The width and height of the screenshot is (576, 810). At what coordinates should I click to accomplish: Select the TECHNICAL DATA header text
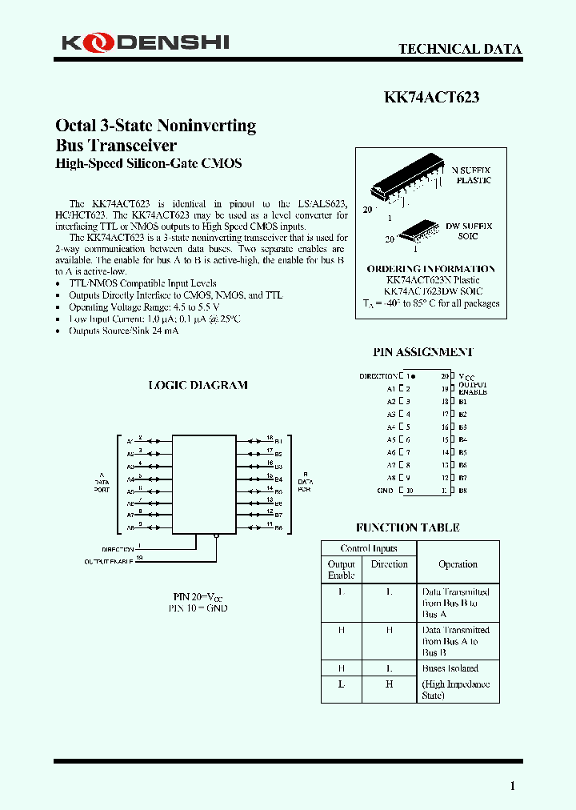tap(460, 49)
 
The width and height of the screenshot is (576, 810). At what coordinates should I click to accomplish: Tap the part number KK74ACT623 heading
tap(431, 98)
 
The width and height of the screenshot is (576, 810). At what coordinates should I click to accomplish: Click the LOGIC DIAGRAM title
tap(198, 385)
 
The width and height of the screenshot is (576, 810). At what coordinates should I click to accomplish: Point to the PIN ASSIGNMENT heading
tap(422, 352)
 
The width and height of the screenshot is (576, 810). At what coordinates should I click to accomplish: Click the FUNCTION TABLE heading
tap(408, 527)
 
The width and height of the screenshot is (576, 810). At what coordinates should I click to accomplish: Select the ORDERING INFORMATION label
tap(430, 269)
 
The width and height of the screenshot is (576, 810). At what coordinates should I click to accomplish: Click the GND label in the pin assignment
tap(385, 491)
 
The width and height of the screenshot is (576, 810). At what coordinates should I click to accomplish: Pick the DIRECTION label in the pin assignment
tap(378, 376)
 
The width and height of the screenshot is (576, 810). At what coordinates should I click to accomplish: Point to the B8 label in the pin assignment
tap(463, 491)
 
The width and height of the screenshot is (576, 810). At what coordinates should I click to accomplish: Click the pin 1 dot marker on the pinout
tap(414, 376)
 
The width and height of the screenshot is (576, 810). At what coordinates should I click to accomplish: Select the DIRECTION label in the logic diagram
tap(118, 549)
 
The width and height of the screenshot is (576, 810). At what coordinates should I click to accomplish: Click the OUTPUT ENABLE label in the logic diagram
tap(109, 562)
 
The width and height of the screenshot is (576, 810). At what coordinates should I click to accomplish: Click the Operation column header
tap(458, 564)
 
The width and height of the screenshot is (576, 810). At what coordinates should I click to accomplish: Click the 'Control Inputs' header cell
tap(368, 548)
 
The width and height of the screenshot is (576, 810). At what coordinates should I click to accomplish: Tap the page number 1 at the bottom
tap(513, 786)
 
